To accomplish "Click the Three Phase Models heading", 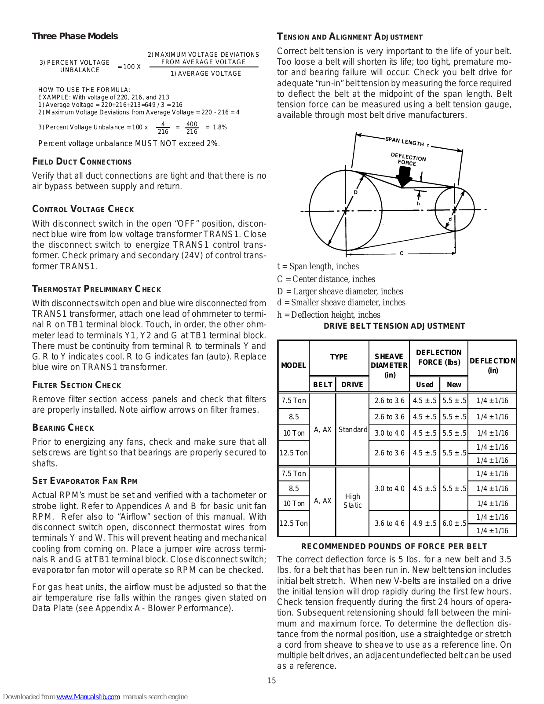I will coord(75,36).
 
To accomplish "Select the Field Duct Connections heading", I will coord(82,162).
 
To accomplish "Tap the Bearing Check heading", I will coord(63,428).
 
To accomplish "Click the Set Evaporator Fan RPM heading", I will coord(85,481).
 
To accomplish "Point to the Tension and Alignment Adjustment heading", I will coord(350,37).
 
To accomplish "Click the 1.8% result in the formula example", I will coord(219,127).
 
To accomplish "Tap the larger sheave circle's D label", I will coord(356,192).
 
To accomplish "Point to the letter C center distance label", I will coord(402,253).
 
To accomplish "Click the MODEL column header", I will coord(293,365).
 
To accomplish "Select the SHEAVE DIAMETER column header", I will coord(389,365).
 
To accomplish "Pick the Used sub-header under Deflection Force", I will coord(424,385).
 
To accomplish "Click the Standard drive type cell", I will coord(353,429).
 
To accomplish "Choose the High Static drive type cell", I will coord(353,501).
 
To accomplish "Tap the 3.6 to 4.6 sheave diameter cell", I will coord(389,523).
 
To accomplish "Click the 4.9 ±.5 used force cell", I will coord(424,523).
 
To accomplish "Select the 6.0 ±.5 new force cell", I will coord(454,523).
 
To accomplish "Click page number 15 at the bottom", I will coord(272,681).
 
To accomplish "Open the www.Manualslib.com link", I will coord(88,697).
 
